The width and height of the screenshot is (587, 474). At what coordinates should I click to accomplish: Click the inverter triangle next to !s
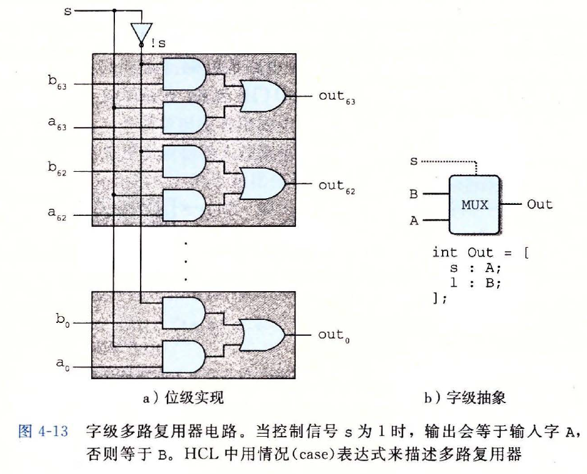140,31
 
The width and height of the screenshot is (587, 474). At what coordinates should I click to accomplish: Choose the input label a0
59,364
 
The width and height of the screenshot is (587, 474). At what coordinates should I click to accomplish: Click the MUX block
474,205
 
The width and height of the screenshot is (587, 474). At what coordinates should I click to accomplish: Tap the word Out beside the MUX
539,204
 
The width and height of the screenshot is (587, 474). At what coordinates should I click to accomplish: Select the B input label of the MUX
414,194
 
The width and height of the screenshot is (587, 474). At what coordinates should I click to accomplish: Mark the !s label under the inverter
158,43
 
